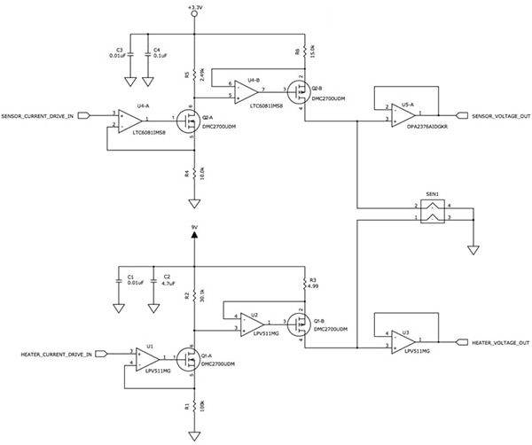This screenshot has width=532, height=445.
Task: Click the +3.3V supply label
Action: tap(195, 7)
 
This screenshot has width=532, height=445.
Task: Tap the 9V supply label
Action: tap(194, 226)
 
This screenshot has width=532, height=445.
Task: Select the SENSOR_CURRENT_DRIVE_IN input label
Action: tap(43, 115)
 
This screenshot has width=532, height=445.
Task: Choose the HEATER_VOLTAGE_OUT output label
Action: tap(500, 342)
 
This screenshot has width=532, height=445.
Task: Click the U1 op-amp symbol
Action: tap(149, 358)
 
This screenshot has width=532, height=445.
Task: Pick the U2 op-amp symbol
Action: tap(252, 324)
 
